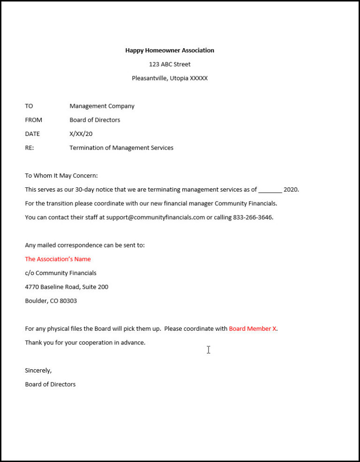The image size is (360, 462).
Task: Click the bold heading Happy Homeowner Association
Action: point(170,50)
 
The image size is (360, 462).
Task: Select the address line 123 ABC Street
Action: point(170,64)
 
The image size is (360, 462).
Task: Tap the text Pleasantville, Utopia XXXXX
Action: point(170,78)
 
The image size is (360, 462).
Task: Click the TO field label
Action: point(29,106)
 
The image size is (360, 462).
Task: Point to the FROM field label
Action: point(33,120)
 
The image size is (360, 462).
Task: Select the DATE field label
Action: point(32,134)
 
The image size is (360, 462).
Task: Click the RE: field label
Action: point(30,148)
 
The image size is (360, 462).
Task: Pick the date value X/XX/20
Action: point(81,134)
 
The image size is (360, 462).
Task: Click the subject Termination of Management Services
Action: point(121,148)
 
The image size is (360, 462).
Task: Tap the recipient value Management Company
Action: point(102,106)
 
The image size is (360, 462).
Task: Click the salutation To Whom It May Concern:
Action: point(61,176)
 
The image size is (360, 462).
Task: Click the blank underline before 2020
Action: point(270,190)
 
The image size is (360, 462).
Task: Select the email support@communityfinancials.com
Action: point(156,217)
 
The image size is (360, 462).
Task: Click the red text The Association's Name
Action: point(58,259)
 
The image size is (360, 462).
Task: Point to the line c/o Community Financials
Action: point(60,273)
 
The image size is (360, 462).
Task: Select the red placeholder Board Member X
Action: point(253,328)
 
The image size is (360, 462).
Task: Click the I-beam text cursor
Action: point(208,350)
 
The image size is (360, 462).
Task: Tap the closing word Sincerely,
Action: point(38,370)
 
